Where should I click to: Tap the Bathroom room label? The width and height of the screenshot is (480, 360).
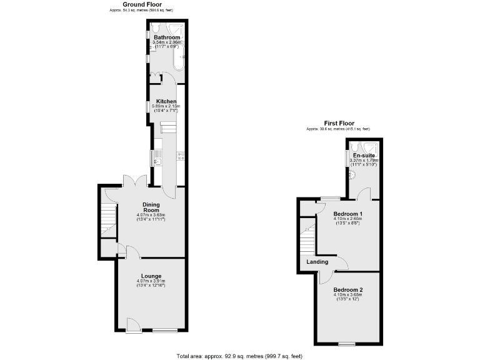point(167,37)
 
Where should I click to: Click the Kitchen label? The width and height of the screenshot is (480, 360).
point(166,101)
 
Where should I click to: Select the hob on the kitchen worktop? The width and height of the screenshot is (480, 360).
point(180,156)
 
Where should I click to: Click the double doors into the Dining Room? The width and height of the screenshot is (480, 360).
point(134,181)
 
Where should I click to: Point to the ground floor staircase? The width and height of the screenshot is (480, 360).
point(109,219)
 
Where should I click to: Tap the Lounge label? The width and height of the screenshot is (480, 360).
point(151,276)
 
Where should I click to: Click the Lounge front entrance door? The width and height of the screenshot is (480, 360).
point(132,325)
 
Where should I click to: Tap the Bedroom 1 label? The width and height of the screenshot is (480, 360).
point(347,214)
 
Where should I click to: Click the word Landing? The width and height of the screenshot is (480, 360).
point(317,261)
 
